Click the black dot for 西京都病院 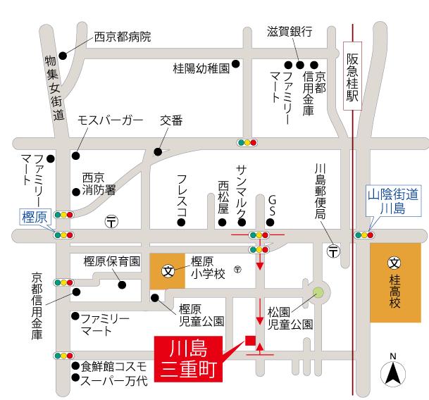click(63, 55)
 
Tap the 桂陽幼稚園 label click(201, 68)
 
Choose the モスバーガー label click(110, 120)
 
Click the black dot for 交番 click(158, 151)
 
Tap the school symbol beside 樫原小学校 click(168, 270)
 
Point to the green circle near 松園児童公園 click(318, 292)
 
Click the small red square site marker click(249, 341)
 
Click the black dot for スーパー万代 click(74, 380)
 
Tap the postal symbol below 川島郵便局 click(332, 250)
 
